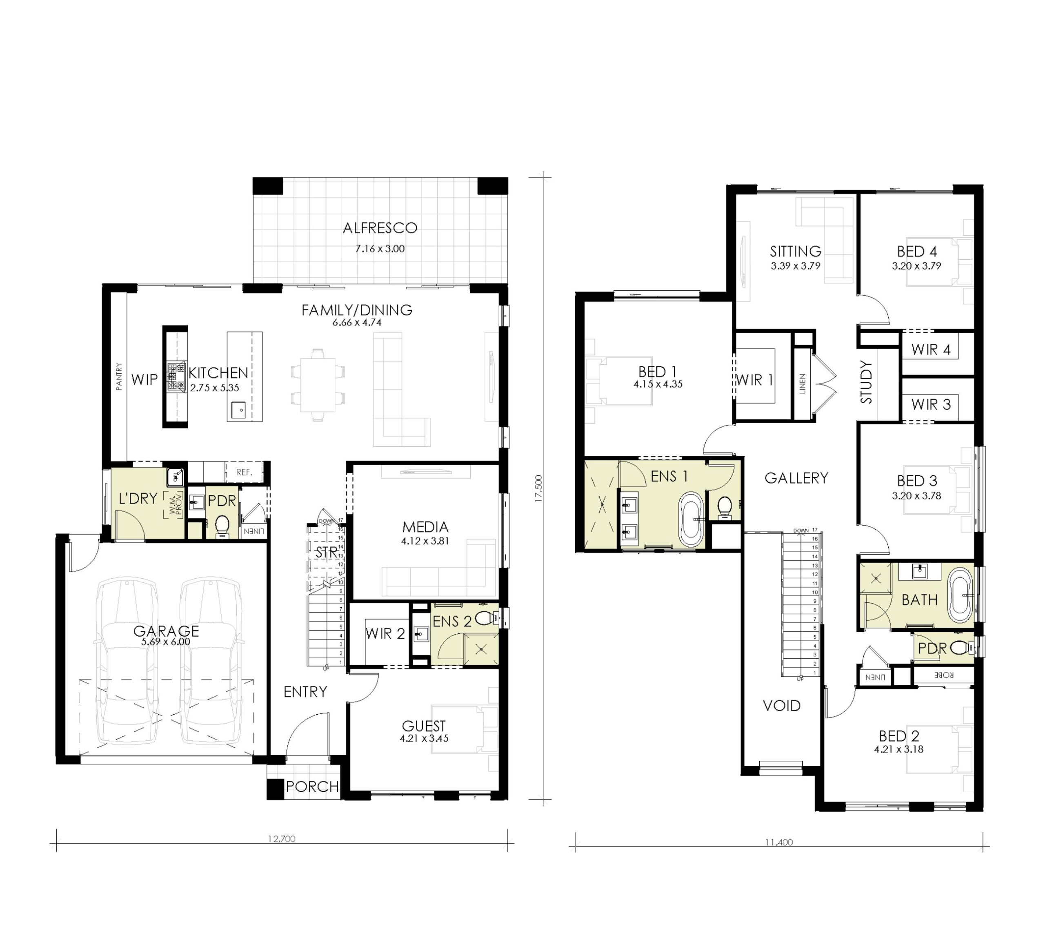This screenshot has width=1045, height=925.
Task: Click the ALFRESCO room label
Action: [380, 228]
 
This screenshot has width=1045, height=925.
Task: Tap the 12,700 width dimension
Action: [282, 838]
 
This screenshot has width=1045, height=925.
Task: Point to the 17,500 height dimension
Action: [538, 488]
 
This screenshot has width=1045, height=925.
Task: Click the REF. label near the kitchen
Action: [245, 472]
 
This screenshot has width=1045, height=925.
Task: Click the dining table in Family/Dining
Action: [318, 385]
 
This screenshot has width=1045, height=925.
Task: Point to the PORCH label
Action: [312, 787]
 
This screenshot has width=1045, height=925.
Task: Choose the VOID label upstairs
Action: [782, 706]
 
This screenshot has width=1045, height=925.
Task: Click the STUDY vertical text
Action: [866, 382]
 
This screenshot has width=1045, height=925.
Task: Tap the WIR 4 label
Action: [931, 350]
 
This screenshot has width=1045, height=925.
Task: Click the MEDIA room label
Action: [425, 527]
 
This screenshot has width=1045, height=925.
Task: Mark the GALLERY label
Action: [796, 478]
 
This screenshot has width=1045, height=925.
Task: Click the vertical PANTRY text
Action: [119, 377]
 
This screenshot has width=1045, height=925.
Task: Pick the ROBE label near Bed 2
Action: [944, 675]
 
